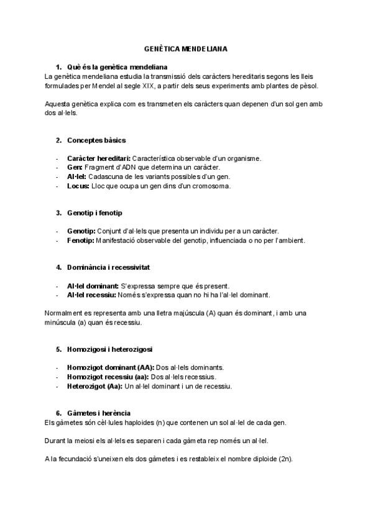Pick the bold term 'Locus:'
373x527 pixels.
point(78,186)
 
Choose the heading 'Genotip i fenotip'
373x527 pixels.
point(94,213)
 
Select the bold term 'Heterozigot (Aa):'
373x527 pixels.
point(94,386)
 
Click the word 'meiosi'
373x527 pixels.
point(91,441)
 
